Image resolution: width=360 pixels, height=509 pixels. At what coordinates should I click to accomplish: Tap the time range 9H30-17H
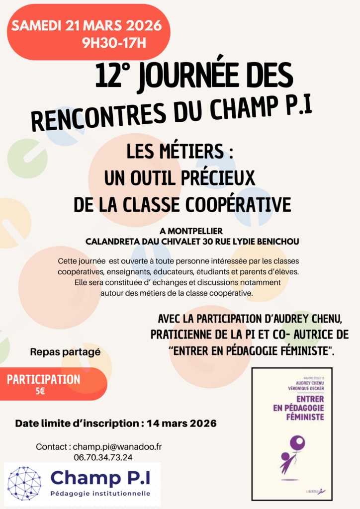tap(114, 43)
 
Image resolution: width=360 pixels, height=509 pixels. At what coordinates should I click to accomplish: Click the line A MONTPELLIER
tap(191, 231)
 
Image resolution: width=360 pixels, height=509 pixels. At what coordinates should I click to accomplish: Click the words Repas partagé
tap(65, 352)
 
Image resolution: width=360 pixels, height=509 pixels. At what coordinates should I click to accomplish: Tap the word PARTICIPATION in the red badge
tap(44, 379)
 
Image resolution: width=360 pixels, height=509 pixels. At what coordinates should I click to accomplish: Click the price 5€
tap(40, 391)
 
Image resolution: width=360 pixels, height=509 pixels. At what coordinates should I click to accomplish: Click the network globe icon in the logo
tap(25, 482)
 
